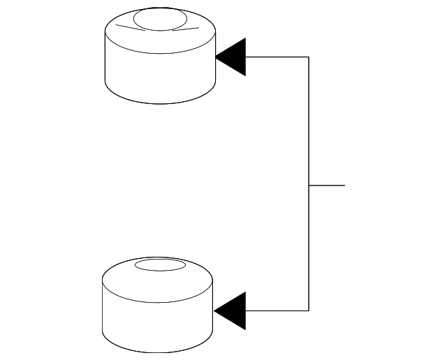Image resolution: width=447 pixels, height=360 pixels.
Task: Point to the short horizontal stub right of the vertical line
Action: (327, 186)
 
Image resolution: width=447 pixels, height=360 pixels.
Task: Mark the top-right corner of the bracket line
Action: (309, 57)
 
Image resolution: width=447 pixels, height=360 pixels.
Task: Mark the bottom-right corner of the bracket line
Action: (309, 310)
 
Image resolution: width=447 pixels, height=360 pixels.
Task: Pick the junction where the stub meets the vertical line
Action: (309, 186)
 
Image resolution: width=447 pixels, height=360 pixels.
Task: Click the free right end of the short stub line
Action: (344, 186)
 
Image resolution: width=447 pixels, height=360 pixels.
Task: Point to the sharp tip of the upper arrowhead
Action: (217, 57)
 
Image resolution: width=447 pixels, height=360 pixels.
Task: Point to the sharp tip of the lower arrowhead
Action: (215, 310)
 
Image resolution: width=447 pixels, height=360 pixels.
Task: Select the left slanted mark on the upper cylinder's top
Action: (129, 28)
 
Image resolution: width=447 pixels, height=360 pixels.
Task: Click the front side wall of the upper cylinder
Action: (159, 77)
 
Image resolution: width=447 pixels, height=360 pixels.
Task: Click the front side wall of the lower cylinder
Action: (157, 324)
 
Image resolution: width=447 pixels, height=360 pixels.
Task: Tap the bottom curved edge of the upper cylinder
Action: (159, 104)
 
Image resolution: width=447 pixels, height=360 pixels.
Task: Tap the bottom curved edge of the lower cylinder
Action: (157, 352)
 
